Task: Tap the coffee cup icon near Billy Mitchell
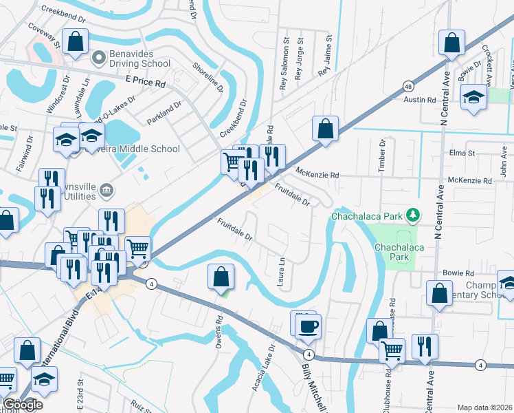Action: [309, 326]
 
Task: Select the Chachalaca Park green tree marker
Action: [412, 216]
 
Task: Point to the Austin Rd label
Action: [420, 100]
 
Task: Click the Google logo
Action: [22, 405]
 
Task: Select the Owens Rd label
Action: [219, 330]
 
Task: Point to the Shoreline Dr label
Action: [208, 75]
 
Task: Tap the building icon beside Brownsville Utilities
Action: [106, 189]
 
